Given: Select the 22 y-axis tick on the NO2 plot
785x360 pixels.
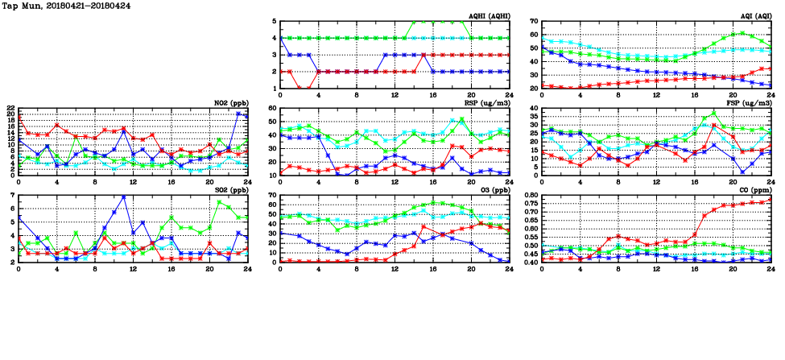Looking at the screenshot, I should pos(10,109).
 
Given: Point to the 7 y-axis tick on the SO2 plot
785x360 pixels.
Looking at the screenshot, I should pos(13,196).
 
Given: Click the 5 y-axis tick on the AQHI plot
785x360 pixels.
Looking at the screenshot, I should pos(275,22).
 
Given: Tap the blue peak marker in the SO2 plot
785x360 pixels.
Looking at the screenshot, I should pos(123,197).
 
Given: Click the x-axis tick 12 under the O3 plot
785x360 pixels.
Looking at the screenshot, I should pos(395,268).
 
